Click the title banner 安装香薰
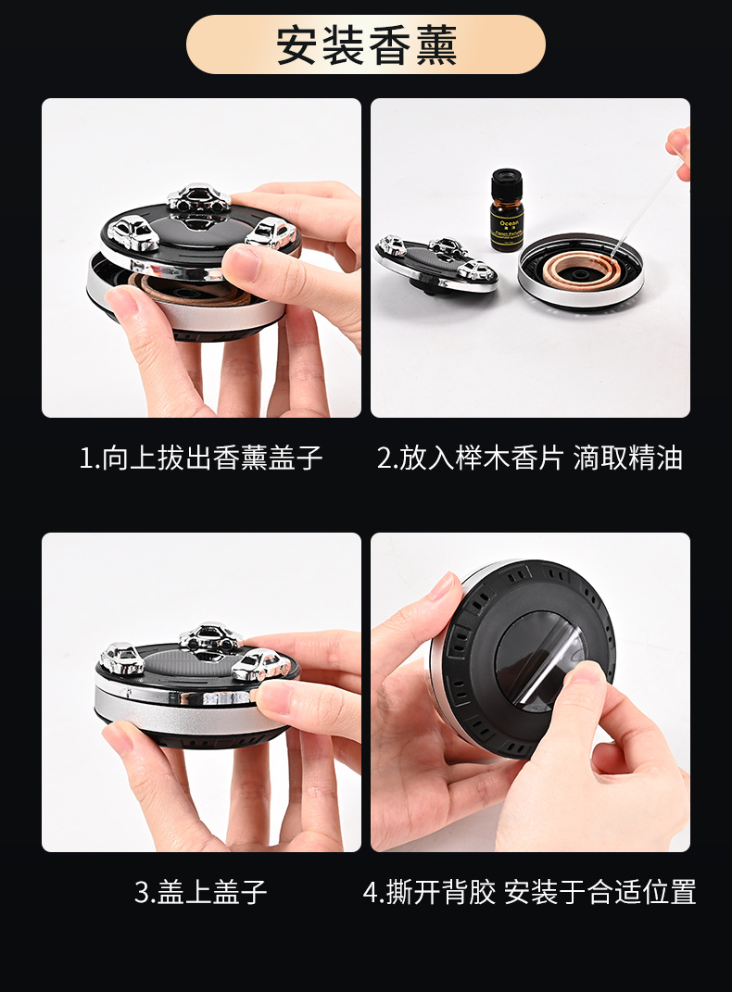pyautogui.click(x=366, y=44)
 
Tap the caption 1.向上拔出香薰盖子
pyautogui.click(x=201, y=458)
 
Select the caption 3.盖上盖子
pyautogui.click(x=201, y=891)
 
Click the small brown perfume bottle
pyautogui.click(x=507, y=210)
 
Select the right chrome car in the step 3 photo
pyautogui.click(x=260, y=664)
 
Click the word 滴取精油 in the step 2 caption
pyautogui.click(x=627, y=458)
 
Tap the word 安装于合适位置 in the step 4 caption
pyautogui.click(x=599, y=891)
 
